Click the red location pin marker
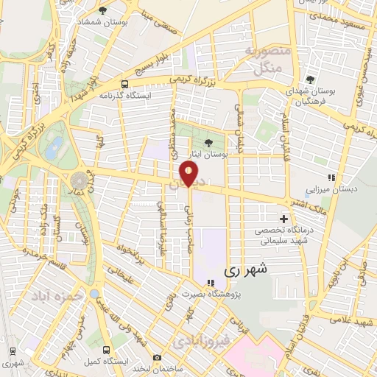(190, 175)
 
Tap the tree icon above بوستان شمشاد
(102, 10)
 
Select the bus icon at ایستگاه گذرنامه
(125, 84)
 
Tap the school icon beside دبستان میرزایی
(332, 177)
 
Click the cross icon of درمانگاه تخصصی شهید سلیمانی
(283, 219)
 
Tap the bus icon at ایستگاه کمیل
(108, 349)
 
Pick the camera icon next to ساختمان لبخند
(157, 358)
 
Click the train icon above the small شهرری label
(13, 351)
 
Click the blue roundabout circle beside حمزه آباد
(94, 294)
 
